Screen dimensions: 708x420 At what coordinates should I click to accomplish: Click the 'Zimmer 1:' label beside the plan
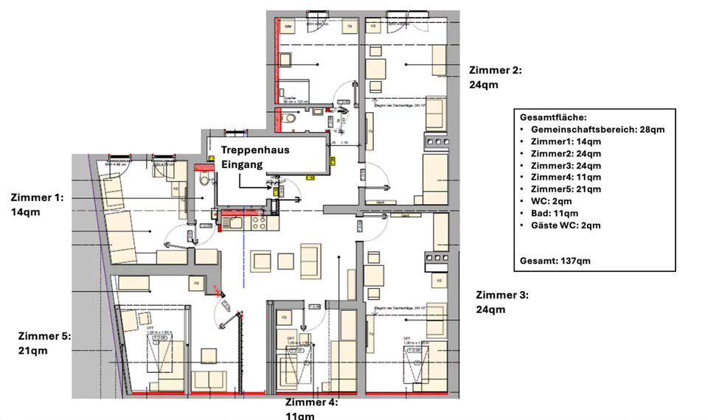point(37,197)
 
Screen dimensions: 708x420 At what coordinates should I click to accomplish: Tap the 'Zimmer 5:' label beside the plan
point(44,336)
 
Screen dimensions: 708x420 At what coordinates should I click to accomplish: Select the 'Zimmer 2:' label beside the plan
point(495,71)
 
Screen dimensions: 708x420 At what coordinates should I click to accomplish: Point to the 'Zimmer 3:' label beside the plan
point(502,295)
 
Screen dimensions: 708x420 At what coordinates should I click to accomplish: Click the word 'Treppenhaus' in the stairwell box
point(255,150)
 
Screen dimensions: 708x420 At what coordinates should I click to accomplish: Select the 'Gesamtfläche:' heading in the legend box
point(553,117)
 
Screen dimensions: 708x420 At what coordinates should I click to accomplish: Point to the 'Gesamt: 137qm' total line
point(555,260)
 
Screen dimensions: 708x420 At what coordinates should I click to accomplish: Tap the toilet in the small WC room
point(291,118)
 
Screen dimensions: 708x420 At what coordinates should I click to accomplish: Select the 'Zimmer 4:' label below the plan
point(311,403)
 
